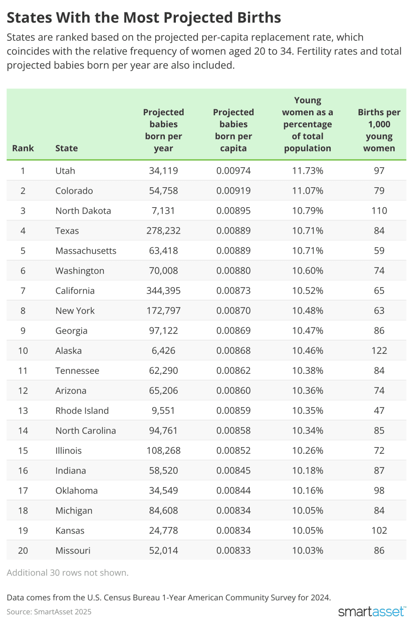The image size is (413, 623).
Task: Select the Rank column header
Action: (x=23, y=148)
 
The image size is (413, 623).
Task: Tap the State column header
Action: (x=66, y=148)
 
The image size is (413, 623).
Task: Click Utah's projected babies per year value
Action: (x=163, y=171)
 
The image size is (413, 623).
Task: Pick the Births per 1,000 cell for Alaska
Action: (x=379, y=351)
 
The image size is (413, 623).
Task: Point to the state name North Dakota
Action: (x=83, y=211)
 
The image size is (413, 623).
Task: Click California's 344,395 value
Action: (x=163, y=291)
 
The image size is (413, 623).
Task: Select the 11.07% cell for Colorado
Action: (x=307, y=191)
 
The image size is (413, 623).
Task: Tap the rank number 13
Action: (x=23, y=411)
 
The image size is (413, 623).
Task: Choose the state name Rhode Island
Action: (x=82, y=411)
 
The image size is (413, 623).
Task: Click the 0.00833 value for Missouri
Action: (x=233, y=550)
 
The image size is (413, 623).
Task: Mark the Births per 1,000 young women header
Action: (x=379, y=130)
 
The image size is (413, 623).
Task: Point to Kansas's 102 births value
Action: (x=379, y=530)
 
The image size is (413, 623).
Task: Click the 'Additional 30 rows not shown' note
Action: (x=67, y=573)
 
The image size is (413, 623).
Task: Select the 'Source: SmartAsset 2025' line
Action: (x=49, y=612)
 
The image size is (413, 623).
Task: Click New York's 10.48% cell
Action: (x=307, y=311)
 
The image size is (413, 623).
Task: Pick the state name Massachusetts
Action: (x=86, y=251)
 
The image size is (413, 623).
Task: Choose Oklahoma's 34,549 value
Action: (x=163, y=490)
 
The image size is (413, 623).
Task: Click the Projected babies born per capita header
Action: (x=233, y=130)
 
